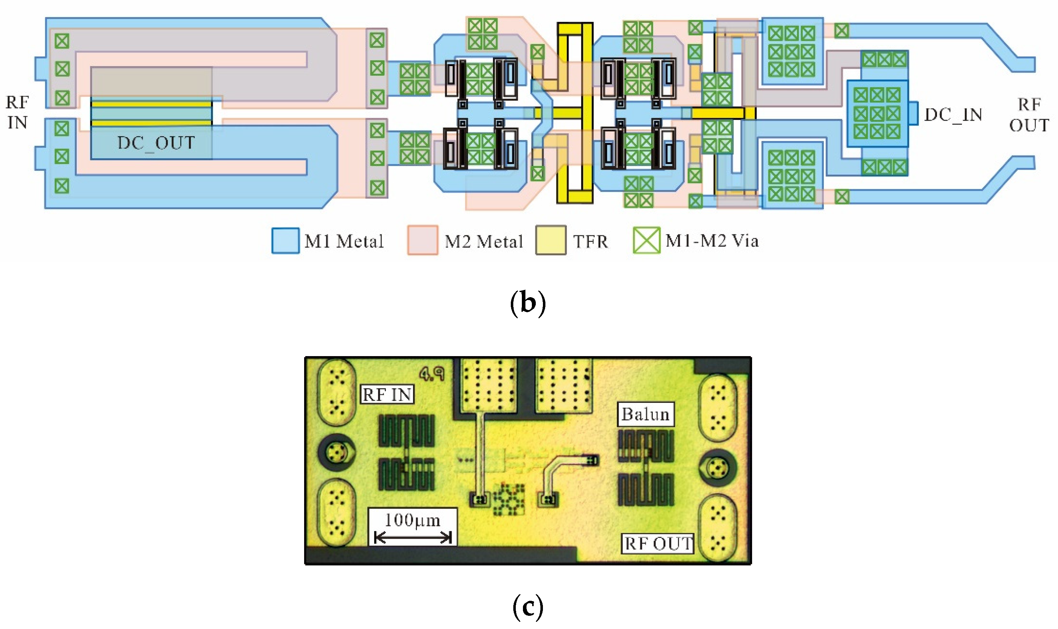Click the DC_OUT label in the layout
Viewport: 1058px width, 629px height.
point(156,143)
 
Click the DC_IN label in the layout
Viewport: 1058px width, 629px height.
point(953,115)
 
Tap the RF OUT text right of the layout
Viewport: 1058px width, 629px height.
point(1029,115)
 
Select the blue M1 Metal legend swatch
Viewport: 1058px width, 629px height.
point(286,241)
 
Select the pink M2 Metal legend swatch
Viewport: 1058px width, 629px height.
point(422,240)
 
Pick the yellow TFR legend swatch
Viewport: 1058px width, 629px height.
point(551,240)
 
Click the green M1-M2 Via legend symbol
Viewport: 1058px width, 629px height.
point(646,240)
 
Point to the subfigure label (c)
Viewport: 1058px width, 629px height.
point(528,607)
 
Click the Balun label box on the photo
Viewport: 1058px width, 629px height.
point(645,414)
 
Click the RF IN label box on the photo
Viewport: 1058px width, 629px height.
point(387,395)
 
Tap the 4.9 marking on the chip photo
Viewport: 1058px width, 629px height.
point(432,374)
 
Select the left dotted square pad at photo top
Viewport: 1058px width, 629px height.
point(489,385)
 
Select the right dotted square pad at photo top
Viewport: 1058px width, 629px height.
point(564,385)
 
